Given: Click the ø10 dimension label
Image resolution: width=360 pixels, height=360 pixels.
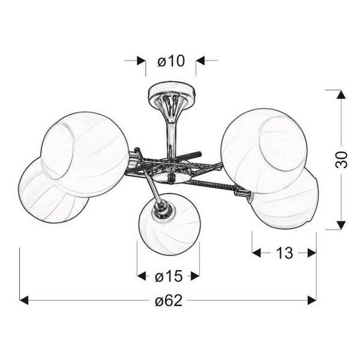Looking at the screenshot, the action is click(171, 61).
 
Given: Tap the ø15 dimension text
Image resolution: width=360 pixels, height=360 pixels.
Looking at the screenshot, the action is click(169, 276).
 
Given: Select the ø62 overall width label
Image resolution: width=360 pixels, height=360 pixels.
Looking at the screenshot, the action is click(169, 301).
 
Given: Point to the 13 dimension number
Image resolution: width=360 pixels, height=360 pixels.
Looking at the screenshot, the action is click(284, 253).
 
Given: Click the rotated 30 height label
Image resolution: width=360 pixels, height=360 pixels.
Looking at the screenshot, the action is click(341, 160).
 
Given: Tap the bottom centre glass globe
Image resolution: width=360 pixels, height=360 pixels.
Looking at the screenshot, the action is click(169, 224).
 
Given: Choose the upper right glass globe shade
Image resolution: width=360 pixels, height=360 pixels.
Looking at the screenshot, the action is click(264, 151).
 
